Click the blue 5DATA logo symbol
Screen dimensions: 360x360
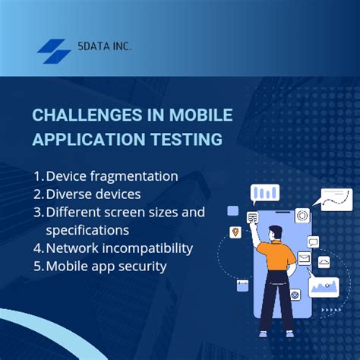pyautogui.click(x=54, y=51)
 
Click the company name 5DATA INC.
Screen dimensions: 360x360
pyautogui.click(x=104, y=47)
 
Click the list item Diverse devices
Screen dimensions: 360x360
pyautogui.click(x=93, y=194)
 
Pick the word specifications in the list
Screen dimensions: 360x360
pyautogui.click(x=87, y=229)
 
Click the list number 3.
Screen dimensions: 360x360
pyautogui.click(x=38, y=212)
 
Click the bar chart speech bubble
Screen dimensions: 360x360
pyautogui.click(x=264, y=194)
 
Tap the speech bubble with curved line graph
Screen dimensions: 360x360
pyautogui.click(x=336, y=200)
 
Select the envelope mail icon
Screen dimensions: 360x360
pyautogui.click(x=304, y=258)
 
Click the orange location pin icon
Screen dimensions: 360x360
pyautogui.click(x=235, y=231)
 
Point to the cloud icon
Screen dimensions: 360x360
pyautogui.click(x=324, y=262)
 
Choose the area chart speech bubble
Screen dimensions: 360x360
pyautogui.click(x=325, y=288)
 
